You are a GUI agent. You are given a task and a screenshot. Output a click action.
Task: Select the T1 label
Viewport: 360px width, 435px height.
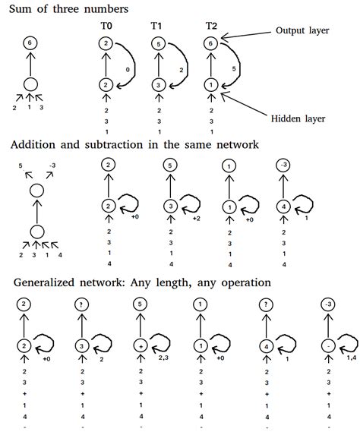pyautogui.click(x=156, y=27)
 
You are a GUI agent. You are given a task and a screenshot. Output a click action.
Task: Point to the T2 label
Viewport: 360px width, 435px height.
pyautogui.click(x=211, y=27)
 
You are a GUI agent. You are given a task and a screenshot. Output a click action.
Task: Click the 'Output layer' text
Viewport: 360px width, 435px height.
pyautogui.click(x=303, y=31)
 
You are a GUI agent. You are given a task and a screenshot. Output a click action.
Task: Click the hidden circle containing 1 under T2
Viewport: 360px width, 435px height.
pyautogui.click(x=211, y=85)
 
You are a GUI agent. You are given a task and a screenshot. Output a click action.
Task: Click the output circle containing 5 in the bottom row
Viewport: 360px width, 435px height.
pyautogui.click(x=139, y=305)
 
